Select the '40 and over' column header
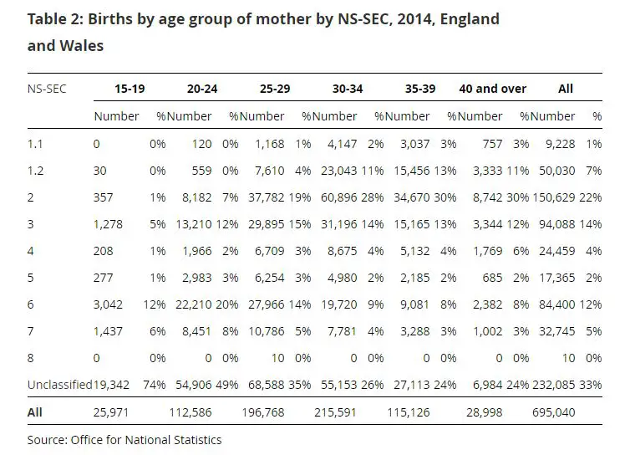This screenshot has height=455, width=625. tap(492, 88)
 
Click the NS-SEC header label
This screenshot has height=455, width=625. tap(47, 88)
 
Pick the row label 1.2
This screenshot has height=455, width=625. tap(35, 171)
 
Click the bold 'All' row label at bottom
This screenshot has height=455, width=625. tap(35, 412)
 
